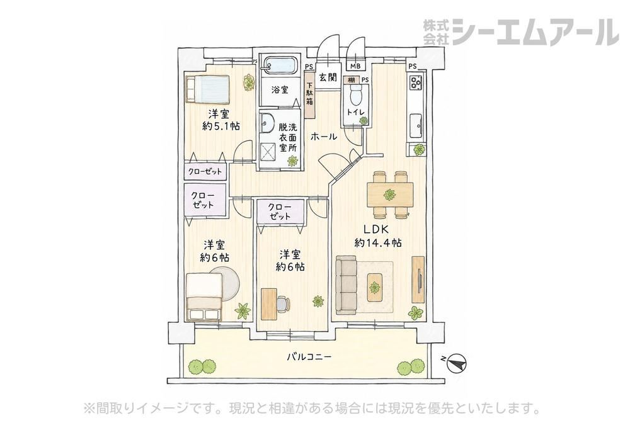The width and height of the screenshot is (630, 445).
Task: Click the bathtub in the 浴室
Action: pyautogui.click(x=280, y=65)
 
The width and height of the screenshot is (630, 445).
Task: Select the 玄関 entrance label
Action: pyautogui.click(x=328, y=77)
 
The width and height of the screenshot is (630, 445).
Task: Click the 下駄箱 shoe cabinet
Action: pyautogui.click(x=310, y=94)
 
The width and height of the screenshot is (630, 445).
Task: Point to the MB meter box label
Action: pyautogui.click(x=355, y=67)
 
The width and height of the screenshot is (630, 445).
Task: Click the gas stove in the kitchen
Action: pyautogui.click(x=415, y=82)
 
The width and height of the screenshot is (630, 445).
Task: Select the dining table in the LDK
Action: pyautogui.click(x=390, y=194)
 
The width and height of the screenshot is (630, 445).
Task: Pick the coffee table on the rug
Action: pyautogui.click(x=375, y=287)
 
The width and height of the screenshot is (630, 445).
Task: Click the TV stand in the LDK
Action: pyautogui.click(x=418, y=279)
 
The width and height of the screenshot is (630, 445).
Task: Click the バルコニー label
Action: pyautogui.click(x=309, y=356)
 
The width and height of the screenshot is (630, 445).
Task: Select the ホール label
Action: pyautogui.click(x=324, y=137)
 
